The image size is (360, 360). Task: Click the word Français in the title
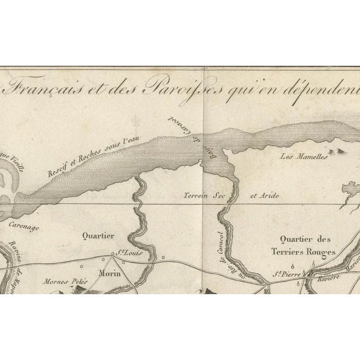tap(44, 91)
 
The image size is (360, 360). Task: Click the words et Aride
tap(264, 196)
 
